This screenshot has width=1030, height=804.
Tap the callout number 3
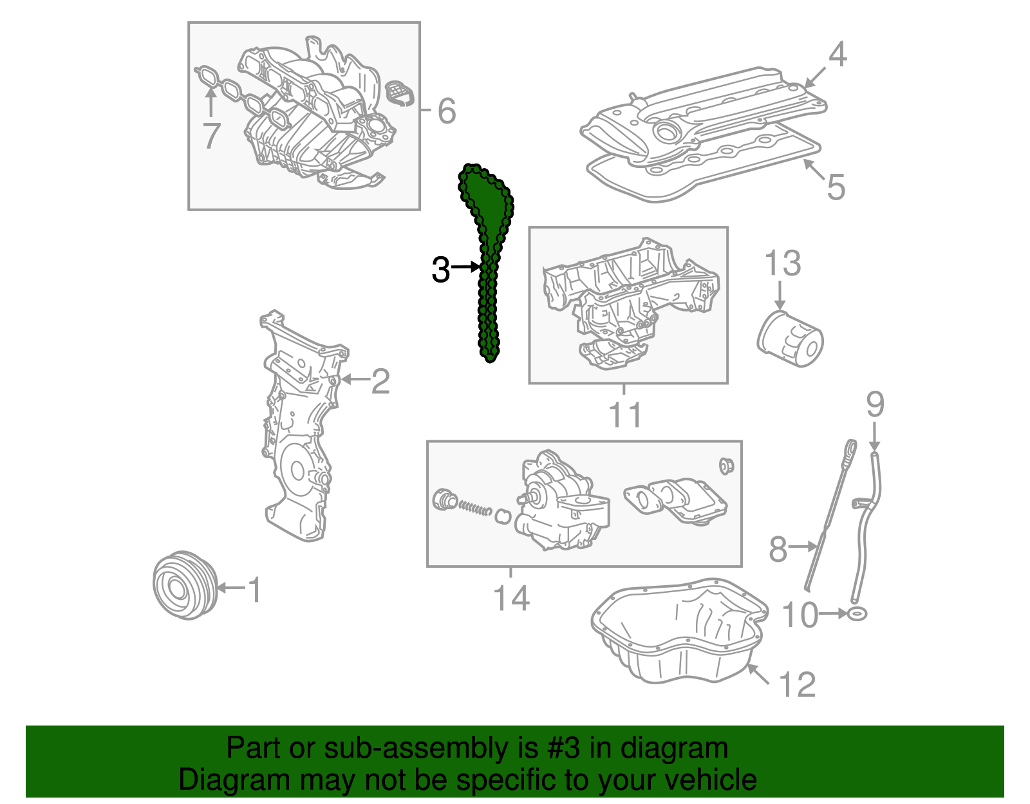click(x=440, y=270)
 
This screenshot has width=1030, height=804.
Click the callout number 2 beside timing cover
click(x=380, y=382)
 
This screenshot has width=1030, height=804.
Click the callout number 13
click(x=782, y=263)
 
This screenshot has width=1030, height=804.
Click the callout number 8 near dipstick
click(x=778, y=549)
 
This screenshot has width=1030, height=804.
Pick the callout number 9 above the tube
click(x=875, y=404)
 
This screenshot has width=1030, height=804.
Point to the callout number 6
click(x=446, y=111)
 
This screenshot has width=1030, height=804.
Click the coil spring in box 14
click(x=474, y=508)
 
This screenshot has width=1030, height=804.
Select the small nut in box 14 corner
click(x=726, y=465)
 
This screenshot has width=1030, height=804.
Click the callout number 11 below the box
click(x=625, y=415)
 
